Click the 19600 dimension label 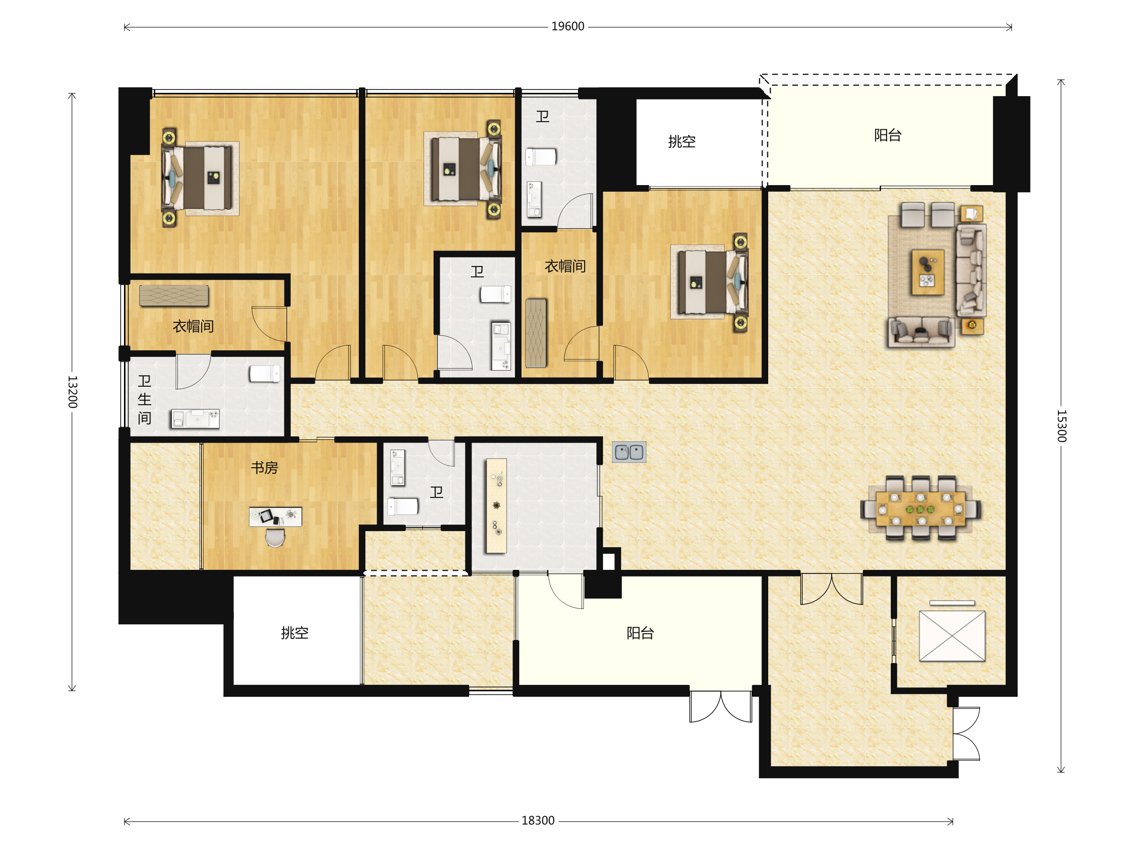coord(568,26)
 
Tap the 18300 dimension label coord(538,821)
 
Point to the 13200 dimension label coord(72,392)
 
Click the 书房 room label coord(265,467)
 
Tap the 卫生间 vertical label coord(144,399)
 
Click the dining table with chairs coord(920,508)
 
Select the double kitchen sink coord(629,452)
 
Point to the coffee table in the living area coord(927,272)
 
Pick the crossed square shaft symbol coord(951,636)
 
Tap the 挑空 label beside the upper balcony coord(682,141)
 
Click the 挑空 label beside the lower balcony coord(294,633)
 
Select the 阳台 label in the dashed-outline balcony coord(887,135)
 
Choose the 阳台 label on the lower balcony coord(640,633)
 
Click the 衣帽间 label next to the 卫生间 coord(193,326)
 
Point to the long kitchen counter coord(496,506)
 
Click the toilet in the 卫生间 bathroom coord(265,373)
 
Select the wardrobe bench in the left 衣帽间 coord(174,296)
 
